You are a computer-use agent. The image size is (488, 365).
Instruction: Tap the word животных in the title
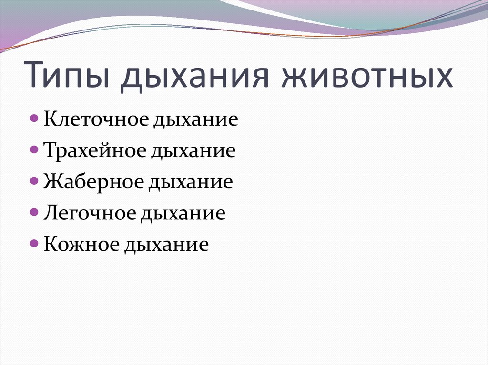367,76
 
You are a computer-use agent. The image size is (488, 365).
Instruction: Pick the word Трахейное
95,150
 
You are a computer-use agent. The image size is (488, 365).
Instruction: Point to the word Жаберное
93,182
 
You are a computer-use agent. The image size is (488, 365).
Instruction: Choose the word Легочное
89,213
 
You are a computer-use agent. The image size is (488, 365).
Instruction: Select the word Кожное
81,245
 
